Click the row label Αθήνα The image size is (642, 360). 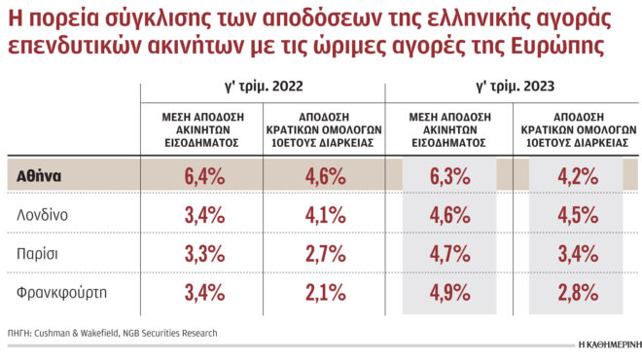40,177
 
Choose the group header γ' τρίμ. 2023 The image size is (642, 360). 515,87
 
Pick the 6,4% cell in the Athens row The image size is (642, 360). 203,177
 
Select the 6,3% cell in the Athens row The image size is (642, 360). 449,177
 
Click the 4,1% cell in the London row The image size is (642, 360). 325,215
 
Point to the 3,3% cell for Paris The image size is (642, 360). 203,254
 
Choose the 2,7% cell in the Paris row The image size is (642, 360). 325,254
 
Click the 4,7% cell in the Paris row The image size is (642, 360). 449,254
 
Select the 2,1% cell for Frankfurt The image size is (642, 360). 325,292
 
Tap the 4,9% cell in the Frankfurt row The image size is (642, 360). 449,292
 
